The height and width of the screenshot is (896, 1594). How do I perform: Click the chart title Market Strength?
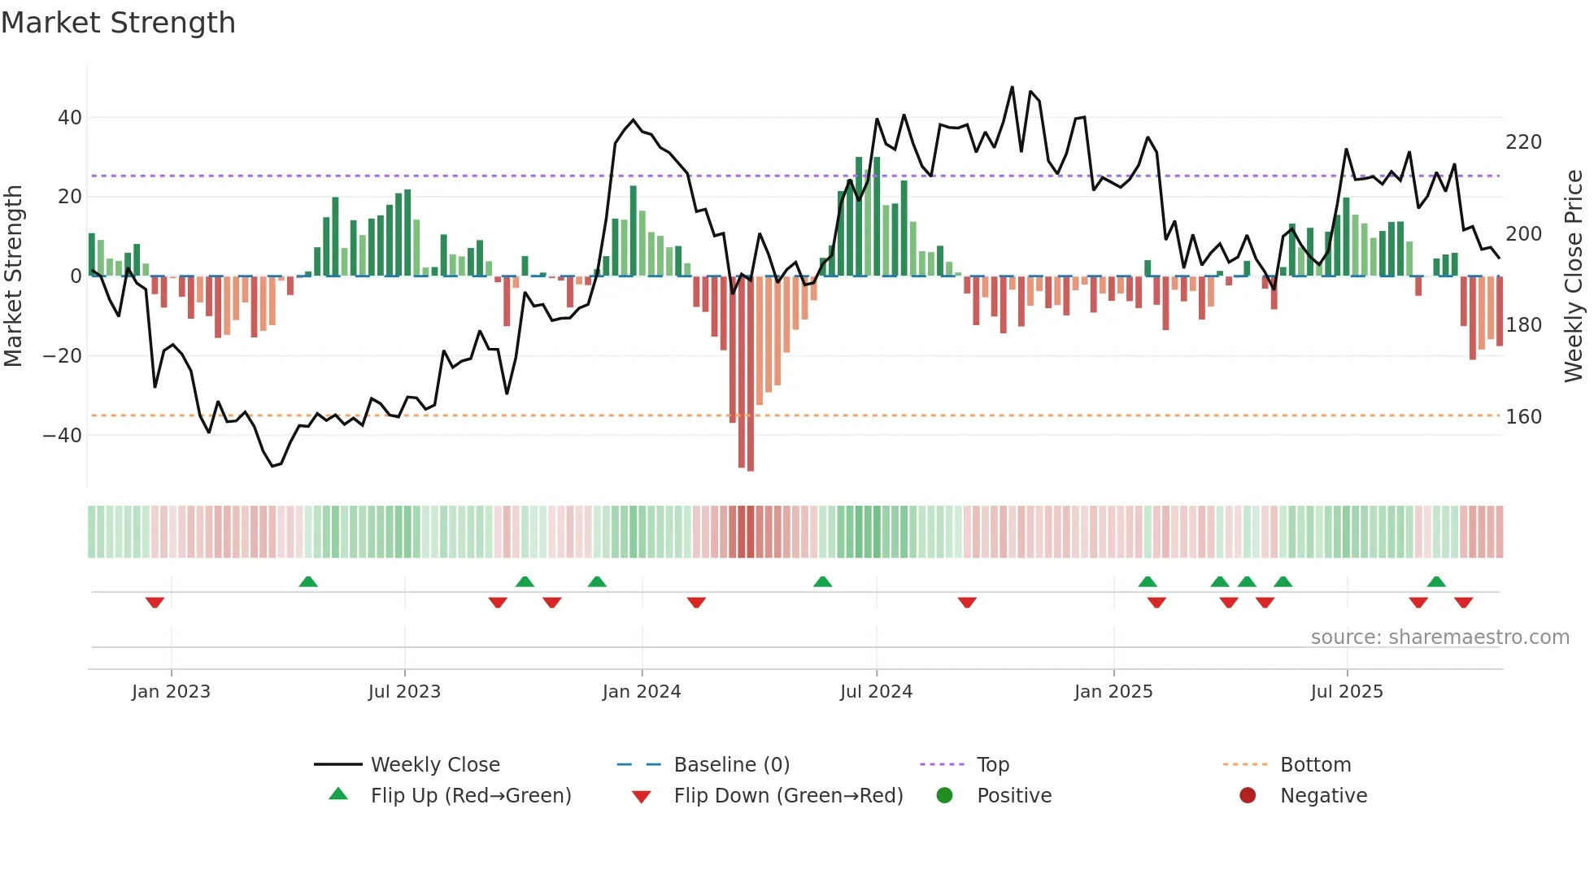pyautogui.click(x=119, y=23)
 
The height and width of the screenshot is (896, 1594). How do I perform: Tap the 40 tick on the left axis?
pyautogui.click(x=70, y=118)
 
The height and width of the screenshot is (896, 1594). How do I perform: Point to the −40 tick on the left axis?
pyautogui.click(x=63, y=436)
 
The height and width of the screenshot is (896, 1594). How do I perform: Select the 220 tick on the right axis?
pyautogui.click(x=1523, y=142)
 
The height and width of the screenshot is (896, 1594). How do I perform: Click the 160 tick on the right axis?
pyautogui.click(x=1523, y=417)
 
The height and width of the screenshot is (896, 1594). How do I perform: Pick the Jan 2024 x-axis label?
pyautogui.click(x=641, y=692)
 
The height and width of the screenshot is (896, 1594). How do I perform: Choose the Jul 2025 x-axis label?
pyautogui.click(x=1346, y=692)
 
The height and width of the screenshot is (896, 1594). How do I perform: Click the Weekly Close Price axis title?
pyautogui.click(x=1573, y=276)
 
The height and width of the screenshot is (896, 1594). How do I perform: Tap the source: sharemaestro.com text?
pyautogui.click(x=1439, y=637)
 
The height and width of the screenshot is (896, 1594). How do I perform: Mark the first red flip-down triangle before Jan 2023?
pyautogui.click(x=155, y=602)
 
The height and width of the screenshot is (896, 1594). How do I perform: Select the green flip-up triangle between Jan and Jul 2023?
pyautogui.click(x=308, y=581)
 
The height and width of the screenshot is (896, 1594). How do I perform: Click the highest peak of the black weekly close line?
pyautogui.click(x=1012, y=88)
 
